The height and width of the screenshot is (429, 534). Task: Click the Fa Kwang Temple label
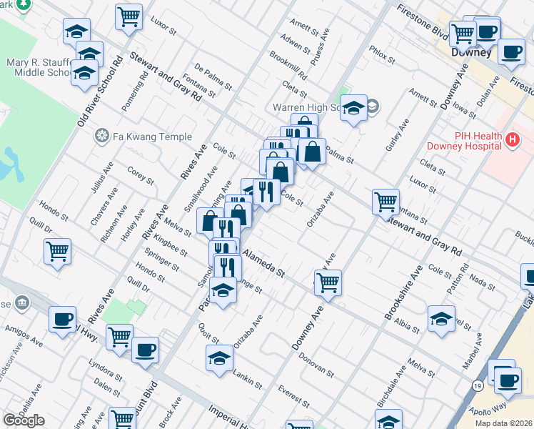click(151, 137)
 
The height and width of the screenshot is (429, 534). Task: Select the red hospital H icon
click(511, 141)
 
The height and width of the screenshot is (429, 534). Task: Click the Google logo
click(24, 420)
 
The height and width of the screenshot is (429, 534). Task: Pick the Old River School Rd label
click(100, 92)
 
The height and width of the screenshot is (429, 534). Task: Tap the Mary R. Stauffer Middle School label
click(36, 67)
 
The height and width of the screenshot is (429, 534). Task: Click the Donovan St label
click(316, 364)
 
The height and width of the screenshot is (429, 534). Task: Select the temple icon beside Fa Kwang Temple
click(103, 137)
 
